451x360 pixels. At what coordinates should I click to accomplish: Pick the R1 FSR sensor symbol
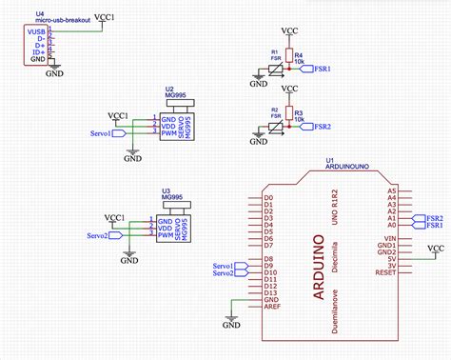(275, 69)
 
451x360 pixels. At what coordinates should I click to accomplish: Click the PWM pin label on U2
(166, 132)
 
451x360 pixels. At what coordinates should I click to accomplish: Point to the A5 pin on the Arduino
(390, 191)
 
